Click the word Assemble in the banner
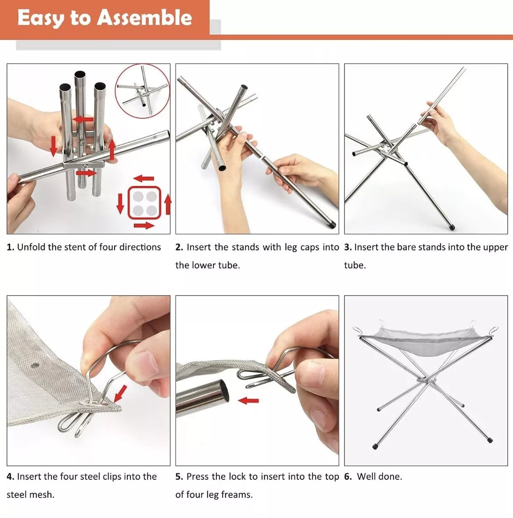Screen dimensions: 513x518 click(x=144, y=18)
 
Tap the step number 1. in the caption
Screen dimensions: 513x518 click(x=10, y=247)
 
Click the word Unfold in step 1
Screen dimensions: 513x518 click(x=31, y=247)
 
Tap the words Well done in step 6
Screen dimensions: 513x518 click(x=380, y=476)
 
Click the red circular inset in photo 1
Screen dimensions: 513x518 click(x=143, y=90)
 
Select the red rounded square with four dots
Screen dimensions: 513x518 click(x=144, y=203)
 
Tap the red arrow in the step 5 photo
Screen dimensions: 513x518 click(x=248, y=401)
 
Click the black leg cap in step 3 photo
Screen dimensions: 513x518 click(x=451, y=227)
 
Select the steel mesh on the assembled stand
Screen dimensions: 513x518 click(x=425, y=342)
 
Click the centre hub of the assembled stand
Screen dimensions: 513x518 click(x=425, y=380)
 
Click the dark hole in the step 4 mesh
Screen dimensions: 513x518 click(x=34, y=365)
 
